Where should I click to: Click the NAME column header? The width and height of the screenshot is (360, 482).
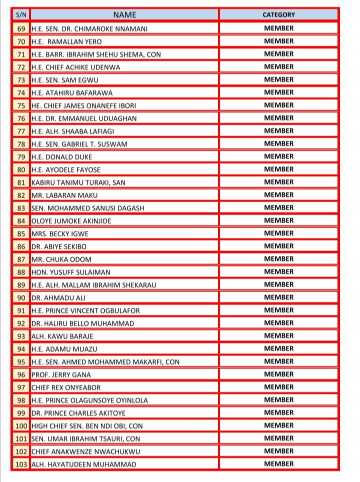(x=124, y=15)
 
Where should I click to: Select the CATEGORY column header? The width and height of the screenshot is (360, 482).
(x=278, y=15)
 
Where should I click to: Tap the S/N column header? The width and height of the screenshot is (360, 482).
(x=20, y=15)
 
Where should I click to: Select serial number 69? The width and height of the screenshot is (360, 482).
(x=21, y=28)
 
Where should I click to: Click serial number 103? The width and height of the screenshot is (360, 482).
(x=21, y=465)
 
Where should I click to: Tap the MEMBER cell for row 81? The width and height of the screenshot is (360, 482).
(x=278, y=182)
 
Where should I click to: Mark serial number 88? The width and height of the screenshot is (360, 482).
(x=21, y=272)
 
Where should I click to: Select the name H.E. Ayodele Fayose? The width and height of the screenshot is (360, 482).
(x=65, y=170)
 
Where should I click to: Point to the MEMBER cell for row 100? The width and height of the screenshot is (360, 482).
(x=278, y=426)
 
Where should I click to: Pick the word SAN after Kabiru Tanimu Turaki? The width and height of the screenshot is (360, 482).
(x=119, y=183)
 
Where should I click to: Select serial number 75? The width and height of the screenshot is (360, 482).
(x=21, y=105)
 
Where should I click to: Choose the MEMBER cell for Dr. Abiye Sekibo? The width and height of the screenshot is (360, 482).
(x=278, y=246)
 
